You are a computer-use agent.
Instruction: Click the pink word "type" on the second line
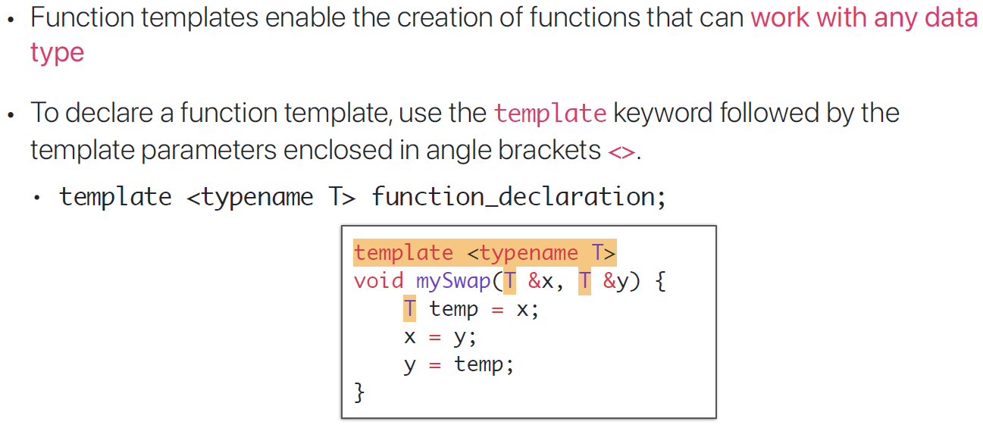[x=57, y=54]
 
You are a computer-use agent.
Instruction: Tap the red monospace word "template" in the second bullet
[x=549, y=114]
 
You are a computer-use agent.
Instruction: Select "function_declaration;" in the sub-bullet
[x=518, y=197]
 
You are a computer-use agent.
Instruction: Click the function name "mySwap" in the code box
[x=453, y=281]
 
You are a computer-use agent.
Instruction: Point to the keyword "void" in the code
[x=378, y=281]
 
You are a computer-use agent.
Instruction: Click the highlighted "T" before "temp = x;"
[x=409, y=309]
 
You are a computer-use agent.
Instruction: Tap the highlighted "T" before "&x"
[x=510, y=281]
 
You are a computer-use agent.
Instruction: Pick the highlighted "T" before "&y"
[x=584, y=281]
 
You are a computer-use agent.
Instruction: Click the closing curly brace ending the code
[x=359, y=392]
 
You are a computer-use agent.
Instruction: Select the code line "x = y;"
[x=440, y=336]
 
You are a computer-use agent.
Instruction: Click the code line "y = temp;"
[x=459, y=364]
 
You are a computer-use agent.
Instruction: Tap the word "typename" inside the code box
[x=528, y=253]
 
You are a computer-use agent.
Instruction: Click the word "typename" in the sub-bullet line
[x=257, y=197]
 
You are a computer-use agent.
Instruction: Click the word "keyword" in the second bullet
[x=662, y=114]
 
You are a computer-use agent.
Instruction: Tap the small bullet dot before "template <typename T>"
[x=37, y=198]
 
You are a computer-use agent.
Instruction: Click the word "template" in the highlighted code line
[x=403, y=253]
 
